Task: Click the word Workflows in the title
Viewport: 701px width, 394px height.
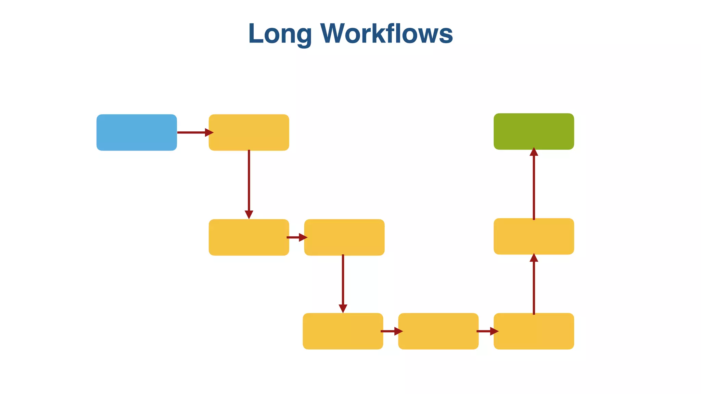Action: [x=386, y=34]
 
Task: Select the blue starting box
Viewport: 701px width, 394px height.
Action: [x=137, y=132]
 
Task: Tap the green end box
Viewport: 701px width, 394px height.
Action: [x=534, y=131]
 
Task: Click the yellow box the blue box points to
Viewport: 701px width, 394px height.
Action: [x=249, y=132]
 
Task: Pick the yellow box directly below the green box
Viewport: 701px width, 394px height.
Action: [x=534, y=236]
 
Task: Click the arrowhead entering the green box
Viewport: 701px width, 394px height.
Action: [x=534, y=152]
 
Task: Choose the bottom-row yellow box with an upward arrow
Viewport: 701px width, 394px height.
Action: [x=534, y=331]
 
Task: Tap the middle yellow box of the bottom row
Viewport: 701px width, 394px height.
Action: [x=438, y=331]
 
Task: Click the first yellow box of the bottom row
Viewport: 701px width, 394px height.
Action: [x=343, y=331]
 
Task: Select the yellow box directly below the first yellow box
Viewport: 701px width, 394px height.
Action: [x=249, y=237]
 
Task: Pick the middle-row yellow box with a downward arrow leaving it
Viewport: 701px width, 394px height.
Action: [x=344, y=237]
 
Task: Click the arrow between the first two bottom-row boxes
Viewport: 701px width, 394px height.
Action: [x=391, y=331]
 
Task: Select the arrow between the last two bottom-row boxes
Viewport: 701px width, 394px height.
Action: [x=487, y=331]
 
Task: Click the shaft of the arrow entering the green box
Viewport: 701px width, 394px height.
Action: [x=534, y=188]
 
